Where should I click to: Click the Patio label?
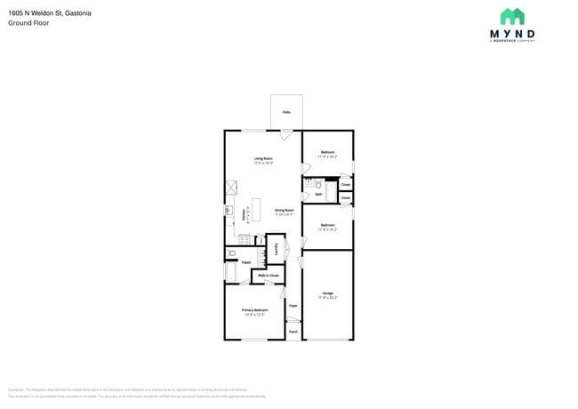[x=286, y=112]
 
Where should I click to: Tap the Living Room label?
[x=263, y=161]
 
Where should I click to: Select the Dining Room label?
[x=284, y=213]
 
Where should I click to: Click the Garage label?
[x=327, y=294]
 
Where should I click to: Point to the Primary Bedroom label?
[x=254, y=311]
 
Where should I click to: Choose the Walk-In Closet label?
[x=268, y=276]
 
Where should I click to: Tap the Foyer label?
[x=293, y=305]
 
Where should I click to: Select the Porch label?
[x=293, y=333]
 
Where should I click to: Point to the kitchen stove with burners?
[x=244, y=238]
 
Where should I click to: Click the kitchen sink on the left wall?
[x=229, y=210]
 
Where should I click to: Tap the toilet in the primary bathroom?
[x=230, y=253]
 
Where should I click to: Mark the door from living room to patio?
[x=286, y=134]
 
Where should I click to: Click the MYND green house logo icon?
[x=512, y=16]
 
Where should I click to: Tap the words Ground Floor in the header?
[x=28, y=23]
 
